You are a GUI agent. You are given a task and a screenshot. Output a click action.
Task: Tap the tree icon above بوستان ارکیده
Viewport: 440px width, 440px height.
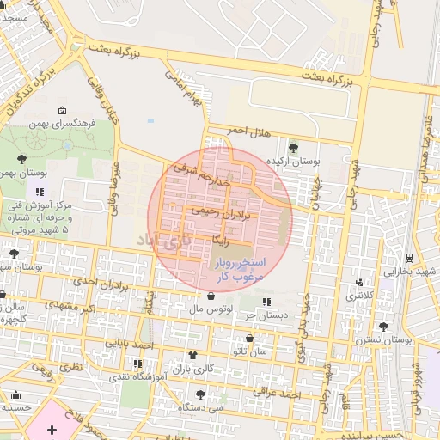click(x=292, y=148)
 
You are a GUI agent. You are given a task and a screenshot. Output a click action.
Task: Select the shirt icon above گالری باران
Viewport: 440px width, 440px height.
click(x=192, y=355)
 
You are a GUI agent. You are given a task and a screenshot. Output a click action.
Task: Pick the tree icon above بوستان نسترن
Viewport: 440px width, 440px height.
click(x=383, y=327)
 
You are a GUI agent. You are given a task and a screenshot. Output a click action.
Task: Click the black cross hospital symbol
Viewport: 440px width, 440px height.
click(x=51, y=428)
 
